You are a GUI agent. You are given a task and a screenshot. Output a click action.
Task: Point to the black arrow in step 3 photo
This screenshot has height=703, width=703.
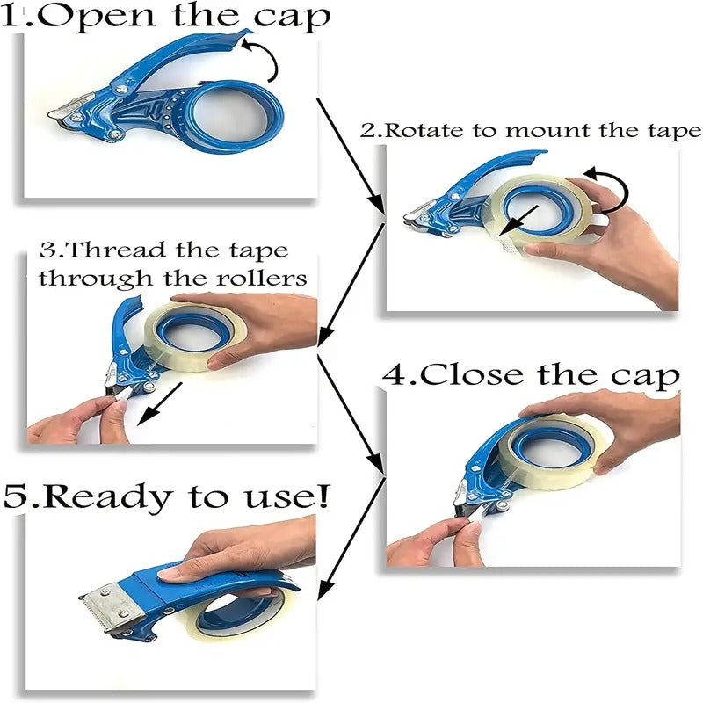pos(159,405)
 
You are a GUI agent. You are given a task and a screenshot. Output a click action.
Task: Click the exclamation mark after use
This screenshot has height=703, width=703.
pos(323,496)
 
